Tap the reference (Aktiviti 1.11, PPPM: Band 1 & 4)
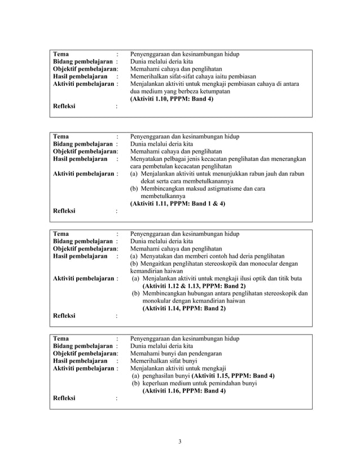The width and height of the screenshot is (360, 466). click(178, 204)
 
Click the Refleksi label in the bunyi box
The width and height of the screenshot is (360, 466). click(64, 398)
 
